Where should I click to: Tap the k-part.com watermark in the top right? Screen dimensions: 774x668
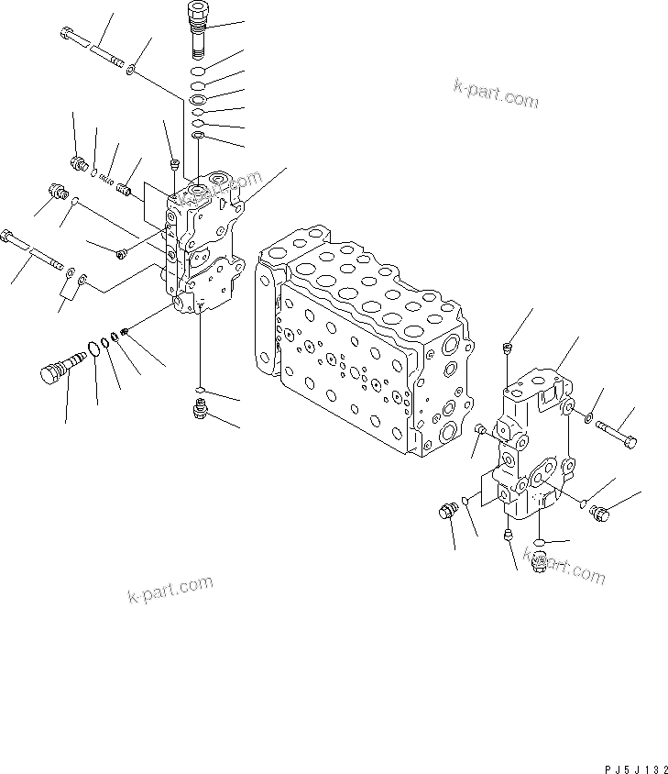tap(496, 94)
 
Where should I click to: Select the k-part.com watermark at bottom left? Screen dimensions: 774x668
tap(170, 592)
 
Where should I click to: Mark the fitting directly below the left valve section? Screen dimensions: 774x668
tap(200, 408)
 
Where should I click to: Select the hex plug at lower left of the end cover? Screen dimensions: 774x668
tap(448, 511)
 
